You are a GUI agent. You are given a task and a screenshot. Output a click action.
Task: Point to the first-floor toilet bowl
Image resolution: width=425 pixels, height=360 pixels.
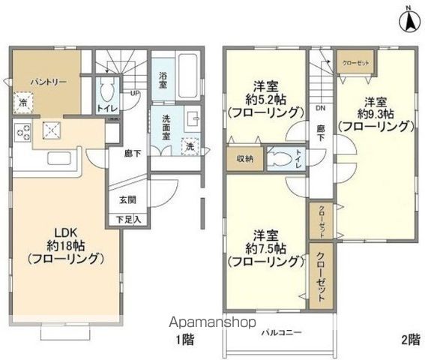[x=107, y=94]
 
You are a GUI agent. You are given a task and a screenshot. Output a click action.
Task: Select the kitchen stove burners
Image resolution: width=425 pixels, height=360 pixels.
[x=22, y=133]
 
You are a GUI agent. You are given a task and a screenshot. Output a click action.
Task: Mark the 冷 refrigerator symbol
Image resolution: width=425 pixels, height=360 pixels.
[x=24, y=102]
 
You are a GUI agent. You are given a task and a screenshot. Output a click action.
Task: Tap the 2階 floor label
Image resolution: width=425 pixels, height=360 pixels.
[x=409, y=339]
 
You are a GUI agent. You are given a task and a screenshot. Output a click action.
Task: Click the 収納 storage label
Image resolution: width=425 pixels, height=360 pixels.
[x=244, y=158]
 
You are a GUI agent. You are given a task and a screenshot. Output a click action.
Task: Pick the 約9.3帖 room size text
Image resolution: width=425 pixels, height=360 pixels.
[x=374, y=115]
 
